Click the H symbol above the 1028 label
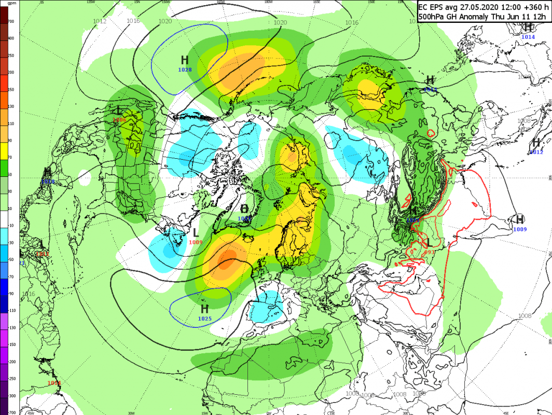point(185,60)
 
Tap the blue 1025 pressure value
point(204,318)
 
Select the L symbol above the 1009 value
point(195,233)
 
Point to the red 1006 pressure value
point(119,120)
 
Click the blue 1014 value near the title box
point(528,37)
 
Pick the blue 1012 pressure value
point(536,152)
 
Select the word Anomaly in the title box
point(478,17)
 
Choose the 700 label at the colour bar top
point(11,22)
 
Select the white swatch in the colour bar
point(4,218)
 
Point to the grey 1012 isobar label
point(100,21)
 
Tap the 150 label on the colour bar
point(11,89)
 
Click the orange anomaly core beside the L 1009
point(227,258)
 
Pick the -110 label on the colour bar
point(11,311)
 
